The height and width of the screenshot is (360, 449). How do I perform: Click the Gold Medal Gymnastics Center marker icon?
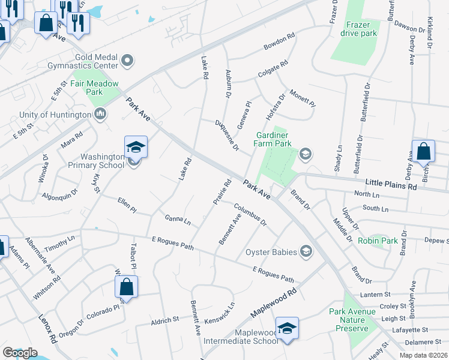(x=127, y=59)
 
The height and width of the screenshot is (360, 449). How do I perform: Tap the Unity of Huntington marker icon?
(x=100, y=113)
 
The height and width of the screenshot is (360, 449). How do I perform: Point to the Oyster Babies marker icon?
(x=306, y=251)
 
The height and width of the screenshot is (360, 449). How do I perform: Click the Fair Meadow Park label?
(x=95, y=88)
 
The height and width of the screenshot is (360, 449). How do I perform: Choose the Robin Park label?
(x=378, y=241)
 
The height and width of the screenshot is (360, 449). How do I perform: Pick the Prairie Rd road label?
(x=221, y=192)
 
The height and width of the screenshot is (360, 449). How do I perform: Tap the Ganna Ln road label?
(x=177, y=218)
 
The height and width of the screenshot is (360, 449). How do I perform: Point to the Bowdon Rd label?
(x=279, y=42)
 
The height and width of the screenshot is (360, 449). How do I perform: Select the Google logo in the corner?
(x=20, y=353)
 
